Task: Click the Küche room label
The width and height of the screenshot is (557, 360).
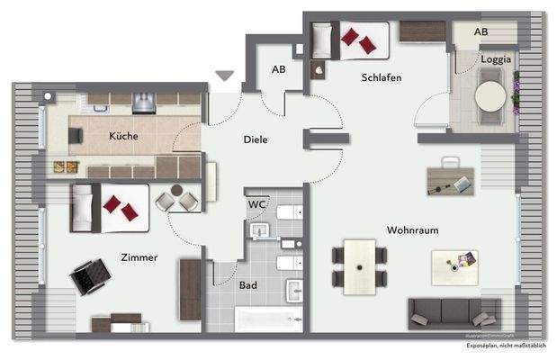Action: coord(123,136)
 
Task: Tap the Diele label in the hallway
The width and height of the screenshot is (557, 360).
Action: coord(256,139)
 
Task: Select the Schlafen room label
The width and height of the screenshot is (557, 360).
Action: coord(382,77)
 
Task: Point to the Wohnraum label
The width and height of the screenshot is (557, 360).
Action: coord(412,230)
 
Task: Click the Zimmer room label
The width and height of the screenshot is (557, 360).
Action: coord(139,257)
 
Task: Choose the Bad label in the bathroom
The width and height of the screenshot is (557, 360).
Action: coord(247,284)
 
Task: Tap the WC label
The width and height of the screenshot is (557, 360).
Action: coord(256,204)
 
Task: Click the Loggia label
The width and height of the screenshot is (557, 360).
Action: coord(495,59)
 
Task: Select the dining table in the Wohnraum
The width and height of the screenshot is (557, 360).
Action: coord(363,267)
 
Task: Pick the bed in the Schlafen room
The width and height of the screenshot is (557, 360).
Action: coord(350,40)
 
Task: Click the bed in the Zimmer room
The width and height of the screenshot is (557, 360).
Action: coord(110,207)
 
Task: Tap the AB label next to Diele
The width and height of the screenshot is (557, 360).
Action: coord(279,69)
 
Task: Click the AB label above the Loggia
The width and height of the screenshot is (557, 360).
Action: coord(481,31)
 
